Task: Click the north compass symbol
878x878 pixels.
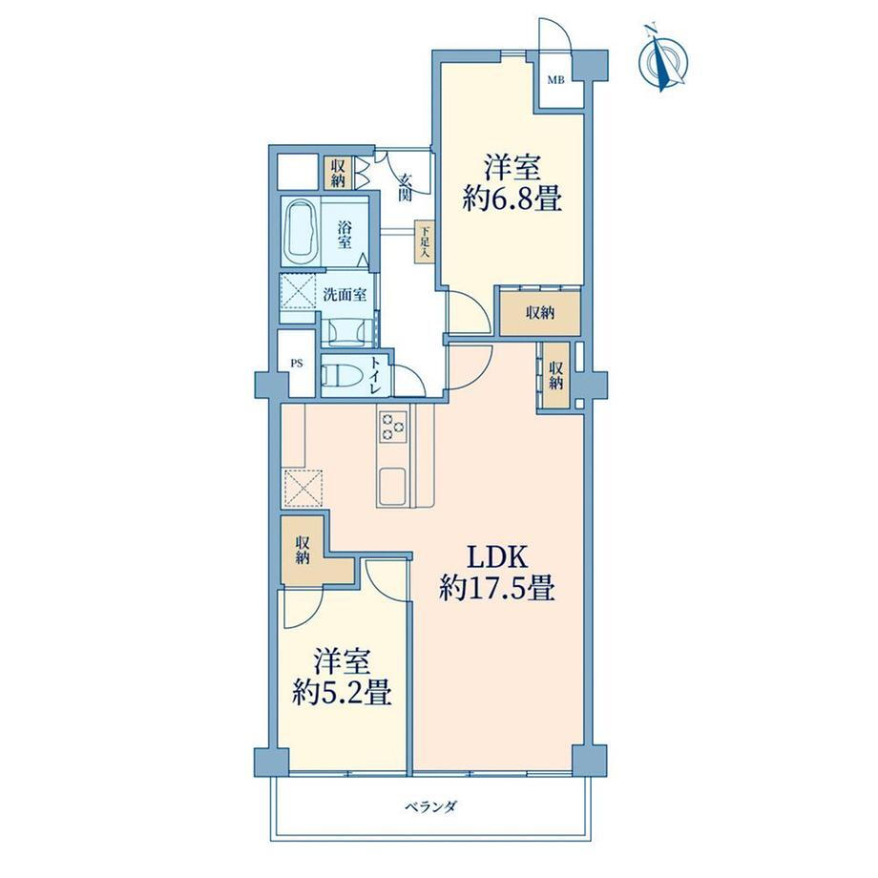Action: point(664,58)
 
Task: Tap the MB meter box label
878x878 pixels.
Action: point(555,80)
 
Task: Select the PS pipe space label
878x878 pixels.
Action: point(296,364)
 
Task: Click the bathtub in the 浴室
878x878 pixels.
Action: point(302,231)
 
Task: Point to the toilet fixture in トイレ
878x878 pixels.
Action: point(345,375)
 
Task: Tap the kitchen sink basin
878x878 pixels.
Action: point(393,486)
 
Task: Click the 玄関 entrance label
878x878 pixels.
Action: point(406,187)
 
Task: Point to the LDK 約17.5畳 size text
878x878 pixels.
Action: point(497,573)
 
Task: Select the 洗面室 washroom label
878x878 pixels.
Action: point(345,295)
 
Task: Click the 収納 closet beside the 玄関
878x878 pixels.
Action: point(338,173)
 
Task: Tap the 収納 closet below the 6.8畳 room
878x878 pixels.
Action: point(540,313)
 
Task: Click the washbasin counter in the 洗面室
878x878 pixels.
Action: point(346,331)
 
